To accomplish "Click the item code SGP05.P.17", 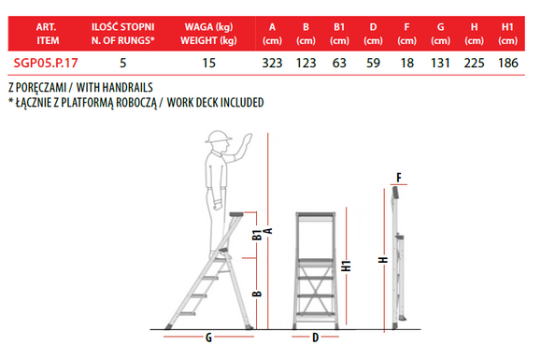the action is pyautogui.click(x=46, y=63).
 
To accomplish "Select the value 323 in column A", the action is pyautogui.click(x=272, y=63).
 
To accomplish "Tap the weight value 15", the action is pyautogui.click(x=208, y=63).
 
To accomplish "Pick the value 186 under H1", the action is pyautogui.click(x=508, y=63).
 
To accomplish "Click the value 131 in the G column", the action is pyautogui.click(x=440, y=63).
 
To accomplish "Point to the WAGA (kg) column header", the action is pyautogui.click(x=208, y=27).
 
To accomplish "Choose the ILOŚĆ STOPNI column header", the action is pyautogui.click(x=122, y=26).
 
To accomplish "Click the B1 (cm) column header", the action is pyautogui.click(x=339, y=34).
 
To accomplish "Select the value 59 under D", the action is pyautogui.click(x=373, y=63).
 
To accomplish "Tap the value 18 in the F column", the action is pyautogui.click(x=406, y=63).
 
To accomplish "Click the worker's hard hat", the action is pyautogui.click(x=219, y=137).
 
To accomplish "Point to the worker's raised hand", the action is pyautogui.click(x=247, y=142).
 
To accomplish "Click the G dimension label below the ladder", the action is pyautogui.click(x=208, y=338).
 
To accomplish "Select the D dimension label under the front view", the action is pyautogui.click(x=316, y=338).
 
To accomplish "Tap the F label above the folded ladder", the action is pyautogui.click(x=399, y=178).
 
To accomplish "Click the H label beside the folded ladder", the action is pyautogui.click(x=383, y=260).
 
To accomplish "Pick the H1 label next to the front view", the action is pyautogui.click(x=346, y=266).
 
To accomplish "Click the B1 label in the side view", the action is pyautogui.click(x=257, y=235).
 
